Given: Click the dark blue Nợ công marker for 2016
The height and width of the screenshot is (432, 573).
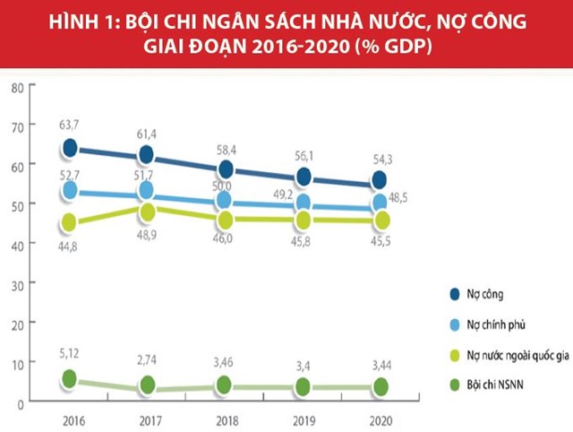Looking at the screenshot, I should tap(70, 149).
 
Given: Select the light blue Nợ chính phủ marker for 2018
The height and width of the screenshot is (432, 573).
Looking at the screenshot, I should tap(225, 200).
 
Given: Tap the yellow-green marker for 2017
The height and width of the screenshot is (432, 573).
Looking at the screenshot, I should tap(147, 212).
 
